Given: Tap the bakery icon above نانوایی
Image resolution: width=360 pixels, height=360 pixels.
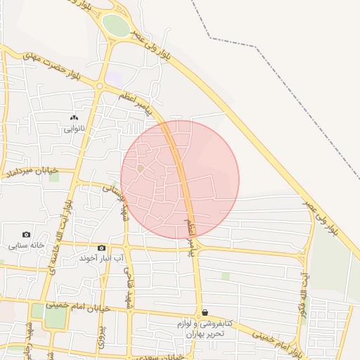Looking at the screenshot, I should click(74, 118).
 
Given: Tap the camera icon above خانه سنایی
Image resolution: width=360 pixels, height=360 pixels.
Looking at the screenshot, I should click(27, 235).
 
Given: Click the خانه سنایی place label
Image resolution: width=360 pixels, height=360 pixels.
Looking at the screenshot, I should click(27, 246).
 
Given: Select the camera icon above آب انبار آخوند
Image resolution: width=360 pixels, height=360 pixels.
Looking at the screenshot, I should click(102, 247).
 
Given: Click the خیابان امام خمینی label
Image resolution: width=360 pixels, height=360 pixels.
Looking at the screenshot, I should click(79, 306).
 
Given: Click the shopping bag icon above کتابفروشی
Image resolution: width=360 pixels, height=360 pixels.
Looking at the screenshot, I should click(205, 311).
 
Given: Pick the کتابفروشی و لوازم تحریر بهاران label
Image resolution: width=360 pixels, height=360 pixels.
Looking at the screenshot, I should click(204, 329).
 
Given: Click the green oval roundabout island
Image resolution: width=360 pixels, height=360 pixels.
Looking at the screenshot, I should click(116, 26).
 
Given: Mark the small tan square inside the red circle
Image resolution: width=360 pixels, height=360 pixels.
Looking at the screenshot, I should click(141, 169).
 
